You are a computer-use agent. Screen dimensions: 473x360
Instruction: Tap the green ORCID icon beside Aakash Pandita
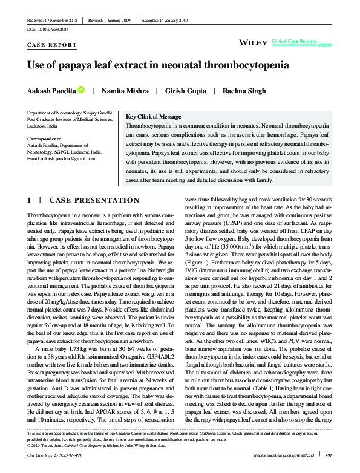(81, 90)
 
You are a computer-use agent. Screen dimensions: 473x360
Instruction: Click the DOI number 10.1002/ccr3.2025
(48, 29)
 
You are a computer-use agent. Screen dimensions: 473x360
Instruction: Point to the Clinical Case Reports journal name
(294, 41)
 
